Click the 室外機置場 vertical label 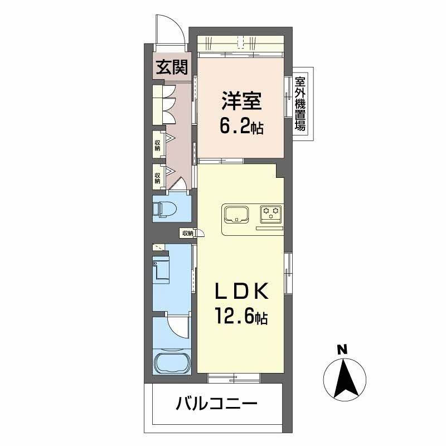click(x=300, y=104)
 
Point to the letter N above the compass click(x=342, y=350)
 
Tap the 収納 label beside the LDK click(x=187, y=233)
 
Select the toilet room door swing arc click(x=181, y=183)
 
